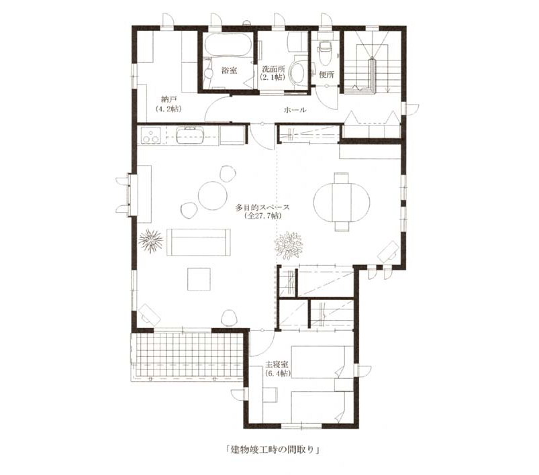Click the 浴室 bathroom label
229,70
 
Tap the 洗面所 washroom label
273,68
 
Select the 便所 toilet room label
326,74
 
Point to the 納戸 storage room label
168,100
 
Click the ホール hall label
295,110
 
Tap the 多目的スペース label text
262,207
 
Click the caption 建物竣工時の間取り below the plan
273,450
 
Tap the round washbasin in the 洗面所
298,72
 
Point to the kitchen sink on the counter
190,135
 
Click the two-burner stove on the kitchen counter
151,135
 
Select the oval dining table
342,202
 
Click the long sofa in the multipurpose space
198,242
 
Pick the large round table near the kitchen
213,195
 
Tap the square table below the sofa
199,279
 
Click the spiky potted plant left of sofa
150,240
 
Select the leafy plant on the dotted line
288,245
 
